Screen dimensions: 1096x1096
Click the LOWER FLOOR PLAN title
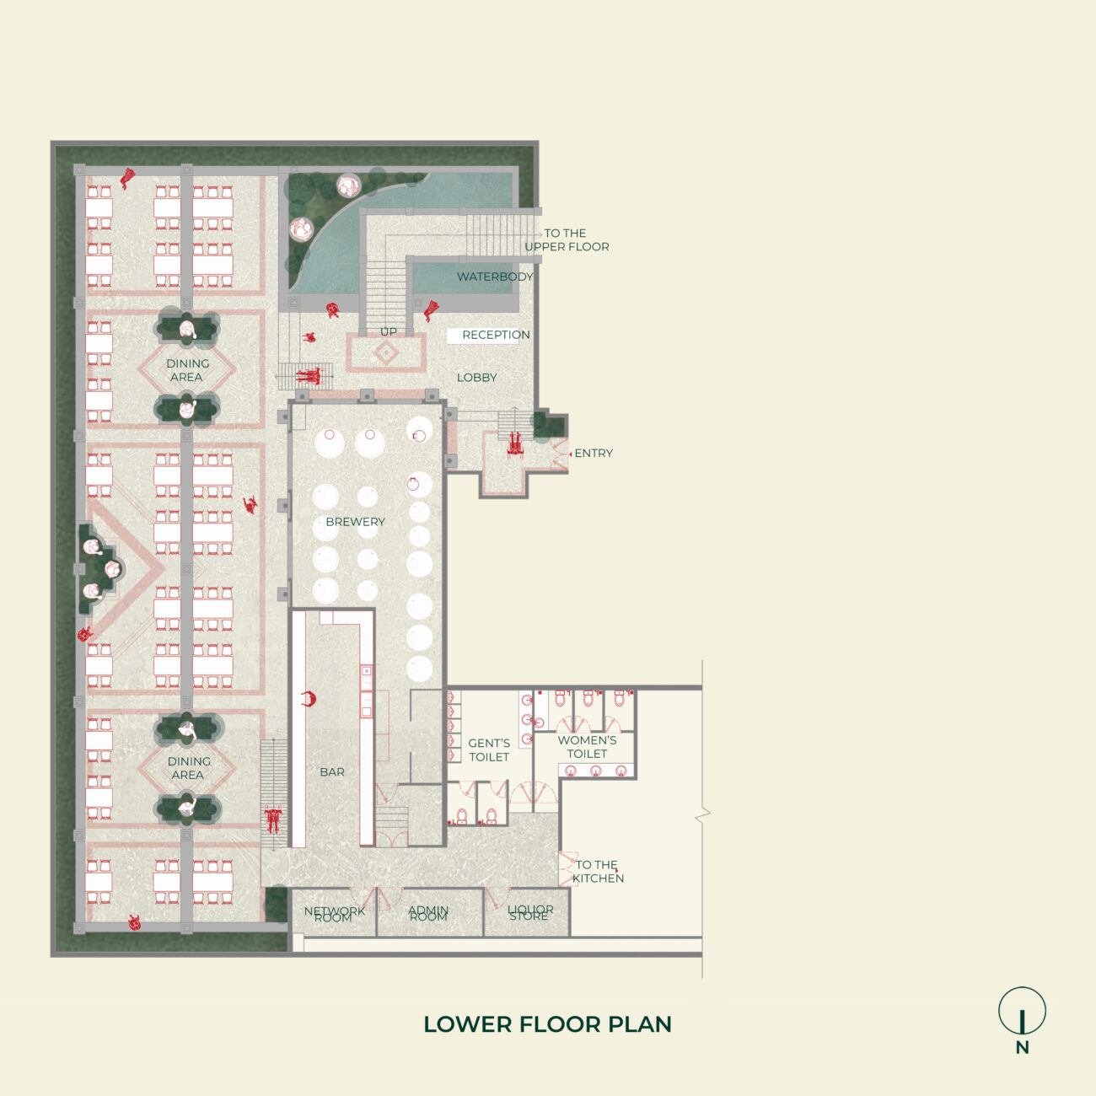547,1024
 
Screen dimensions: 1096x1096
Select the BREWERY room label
355,522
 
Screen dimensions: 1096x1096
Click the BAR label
332,771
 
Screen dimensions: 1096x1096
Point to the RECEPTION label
496,335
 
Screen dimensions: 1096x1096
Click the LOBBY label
476,377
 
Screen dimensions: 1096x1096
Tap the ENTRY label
594,453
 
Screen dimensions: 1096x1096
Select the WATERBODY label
495,277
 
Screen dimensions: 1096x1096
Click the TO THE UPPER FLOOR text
567,239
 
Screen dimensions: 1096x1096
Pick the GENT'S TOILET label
489,749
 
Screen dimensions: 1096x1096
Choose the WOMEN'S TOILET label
587,746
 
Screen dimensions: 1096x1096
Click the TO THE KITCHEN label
598,871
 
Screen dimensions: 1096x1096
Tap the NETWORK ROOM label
334,914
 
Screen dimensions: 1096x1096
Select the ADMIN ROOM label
428,913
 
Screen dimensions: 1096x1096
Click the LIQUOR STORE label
530,912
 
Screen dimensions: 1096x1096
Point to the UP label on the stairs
388,331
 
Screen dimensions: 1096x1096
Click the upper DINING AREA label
187,370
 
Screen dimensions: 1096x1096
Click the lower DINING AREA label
188,767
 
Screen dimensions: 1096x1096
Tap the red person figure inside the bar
309,698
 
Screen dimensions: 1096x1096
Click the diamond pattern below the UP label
386,353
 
